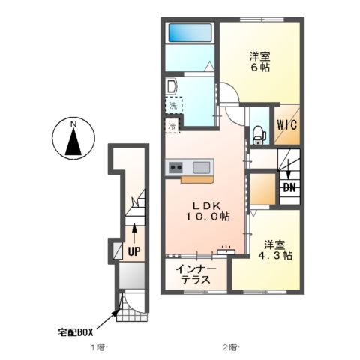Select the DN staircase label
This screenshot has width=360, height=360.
pyautogui.click(x=289, y=187)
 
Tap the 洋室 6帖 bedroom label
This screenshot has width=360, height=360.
pyautogui.click(x=260, y=60)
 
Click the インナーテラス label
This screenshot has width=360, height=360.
pyautogui.click(x=197, y=274)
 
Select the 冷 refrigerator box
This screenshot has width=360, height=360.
pyautogui.click(x=172, y=126)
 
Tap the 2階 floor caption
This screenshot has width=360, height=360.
pyautogui.click(x=229, y=347)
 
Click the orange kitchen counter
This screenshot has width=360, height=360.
pyautogui.click(x=197, y=179)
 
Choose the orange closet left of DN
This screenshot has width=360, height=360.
pyautogui.click(x=262, y=190)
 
